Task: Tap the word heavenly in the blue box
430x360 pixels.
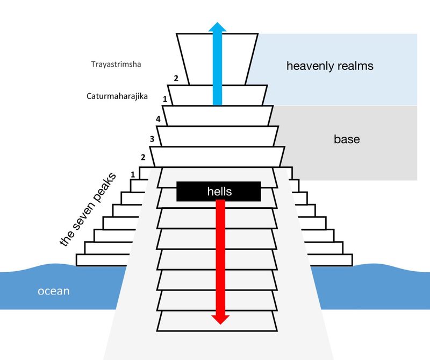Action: coord(310,66)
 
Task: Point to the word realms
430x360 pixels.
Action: coord(354,66)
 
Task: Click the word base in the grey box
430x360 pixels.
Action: coord(347,139)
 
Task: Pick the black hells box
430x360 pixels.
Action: coord(218,191)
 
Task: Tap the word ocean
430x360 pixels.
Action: coord(53,291)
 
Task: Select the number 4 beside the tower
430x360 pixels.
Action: coord(158,119)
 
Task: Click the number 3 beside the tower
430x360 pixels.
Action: coord(152,139)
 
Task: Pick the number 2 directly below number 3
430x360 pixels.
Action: coord(143,158)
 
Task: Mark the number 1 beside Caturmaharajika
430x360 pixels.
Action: coord(165,99)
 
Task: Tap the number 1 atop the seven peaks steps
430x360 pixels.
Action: coord(133,174)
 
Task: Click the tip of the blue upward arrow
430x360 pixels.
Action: coord(217,24)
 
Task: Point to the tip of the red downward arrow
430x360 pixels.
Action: coord(218,323)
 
